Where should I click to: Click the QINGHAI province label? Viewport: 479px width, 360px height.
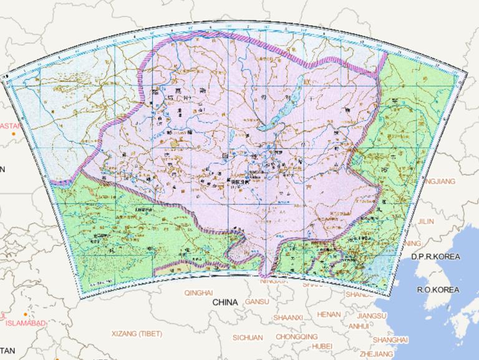pyautogui.click(x=198, y=292)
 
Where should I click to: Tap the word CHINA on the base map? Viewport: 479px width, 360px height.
pyautogui.click(x=225, y=302)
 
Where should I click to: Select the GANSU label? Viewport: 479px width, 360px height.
pyautogui.click(x=257, y=302)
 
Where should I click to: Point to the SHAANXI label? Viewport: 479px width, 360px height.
pyautogui.click(x=288, y=318)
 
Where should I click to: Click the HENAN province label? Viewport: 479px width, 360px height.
pyautogui.click(x=329, y=314)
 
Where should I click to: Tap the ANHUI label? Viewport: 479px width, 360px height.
pyautogui.click(x=358, y=326)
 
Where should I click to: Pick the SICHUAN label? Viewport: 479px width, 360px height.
pyautogui.click(x=248, y=338)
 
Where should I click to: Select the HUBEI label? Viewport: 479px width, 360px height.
pyautogui.click(x=322, y=346)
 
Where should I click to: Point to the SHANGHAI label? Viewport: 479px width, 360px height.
pyautogui.click(x=390, y=339)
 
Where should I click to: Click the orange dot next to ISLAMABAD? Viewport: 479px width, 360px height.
pyautogui.click(x=25, y=314)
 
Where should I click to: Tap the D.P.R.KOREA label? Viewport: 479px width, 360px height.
pyautogui.click(x=435, y=257)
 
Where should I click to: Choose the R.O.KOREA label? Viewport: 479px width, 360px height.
pyautogui.click(x=438, y=289)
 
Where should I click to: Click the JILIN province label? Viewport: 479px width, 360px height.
pyautogui.click(x=425, y=221)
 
